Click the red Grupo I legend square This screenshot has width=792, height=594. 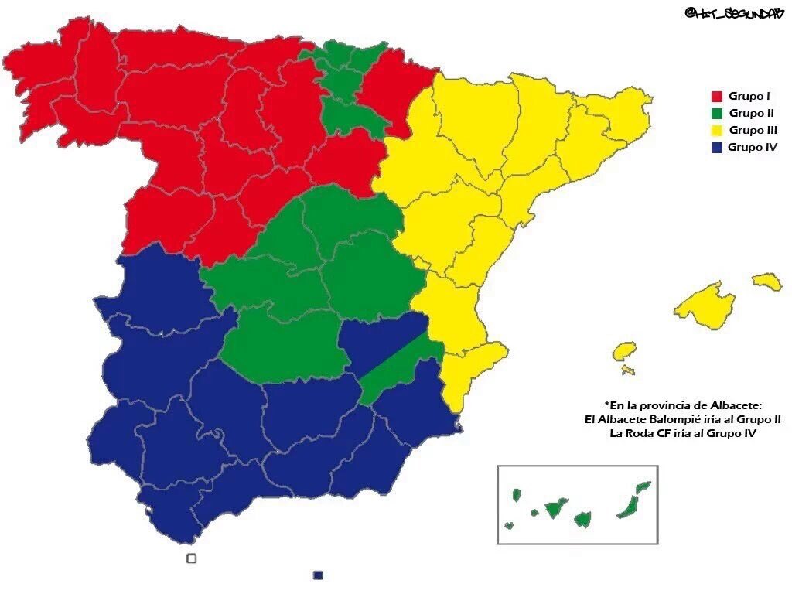(x=716, y=97)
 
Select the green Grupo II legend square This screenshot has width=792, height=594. (x=716, y=113)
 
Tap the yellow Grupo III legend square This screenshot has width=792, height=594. (x=716, y=130)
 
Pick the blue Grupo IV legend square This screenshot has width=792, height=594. (x=716, y=147)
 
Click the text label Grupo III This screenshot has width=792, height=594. (x=753, y=130)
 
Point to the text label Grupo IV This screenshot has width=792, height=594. (x=753, y=147)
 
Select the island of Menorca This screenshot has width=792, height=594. (x=766, y=281)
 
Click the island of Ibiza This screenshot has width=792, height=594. (x=624, y=352)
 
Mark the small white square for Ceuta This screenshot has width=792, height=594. (x=192, y=558)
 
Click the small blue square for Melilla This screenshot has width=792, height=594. (x=317, y=575)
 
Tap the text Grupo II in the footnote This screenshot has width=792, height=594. (x=757, y=420)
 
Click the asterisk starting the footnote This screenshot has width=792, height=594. (x=607, y=405)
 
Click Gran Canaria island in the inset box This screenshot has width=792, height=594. (x=583, y=518)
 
